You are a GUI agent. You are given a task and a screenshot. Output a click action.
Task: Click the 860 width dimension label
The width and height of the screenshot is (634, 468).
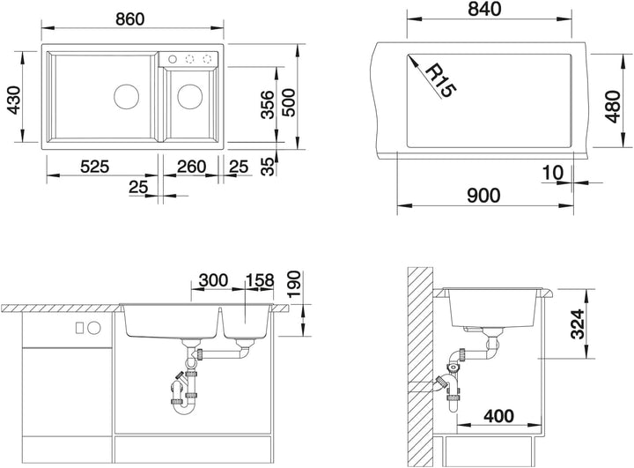coord(129,19)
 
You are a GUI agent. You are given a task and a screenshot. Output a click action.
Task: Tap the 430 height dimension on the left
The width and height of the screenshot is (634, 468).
coord(15,100)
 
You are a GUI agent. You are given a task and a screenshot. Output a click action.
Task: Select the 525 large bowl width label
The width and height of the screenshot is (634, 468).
coord(94,167)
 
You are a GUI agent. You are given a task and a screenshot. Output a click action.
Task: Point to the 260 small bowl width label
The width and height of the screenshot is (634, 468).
coord(191,167)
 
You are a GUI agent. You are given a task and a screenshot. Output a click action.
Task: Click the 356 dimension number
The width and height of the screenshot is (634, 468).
coord(267,105)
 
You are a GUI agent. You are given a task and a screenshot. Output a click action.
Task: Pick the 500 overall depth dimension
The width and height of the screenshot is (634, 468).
coord(289,103)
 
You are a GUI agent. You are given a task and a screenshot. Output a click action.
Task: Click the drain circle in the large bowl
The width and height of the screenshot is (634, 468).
coord(127,96)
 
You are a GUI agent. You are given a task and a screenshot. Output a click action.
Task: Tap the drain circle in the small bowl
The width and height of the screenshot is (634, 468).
coord(189,96)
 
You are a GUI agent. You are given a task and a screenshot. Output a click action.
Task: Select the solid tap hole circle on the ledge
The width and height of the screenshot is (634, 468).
coord(173,59)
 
